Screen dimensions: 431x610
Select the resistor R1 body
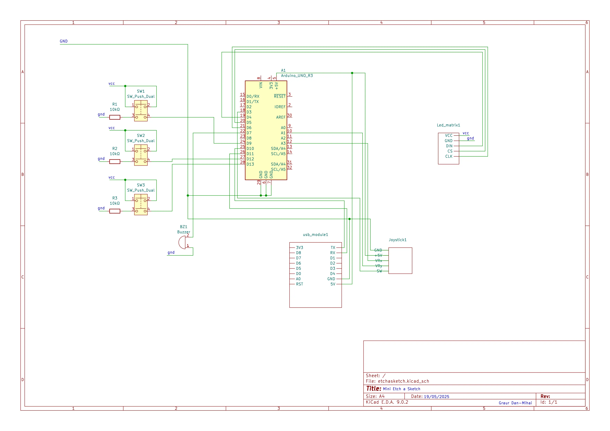(115, 117)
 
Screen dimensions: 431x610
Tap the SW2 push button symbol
(141, 155)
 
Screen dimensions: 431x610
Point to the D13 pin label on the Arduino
(250, 164)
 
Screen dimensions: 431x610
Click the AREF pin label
(280, 117)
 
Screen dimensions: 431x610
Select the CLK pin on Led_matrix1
(449, 156)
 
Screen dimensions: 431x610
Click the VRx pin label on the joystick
(379, 261)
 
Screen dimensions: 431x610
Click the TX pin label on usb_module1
(333, 247)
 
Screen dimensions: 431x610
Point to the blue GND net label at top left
(64, 41)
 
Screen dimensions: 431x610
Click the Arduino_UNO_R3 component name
(297, 76)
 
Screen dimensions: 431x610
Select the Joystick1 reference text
(398, 240)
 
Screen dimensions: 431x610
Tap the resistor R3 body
(115, 211)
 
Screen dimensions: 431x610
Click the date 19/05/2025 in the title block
(436, 396)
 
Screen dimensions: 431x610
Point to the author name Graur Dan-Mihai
(515, 403)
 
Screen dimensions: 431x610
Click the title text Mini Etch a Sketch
(402, 389)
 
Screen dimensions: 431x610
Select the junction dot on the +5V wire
(352, 73)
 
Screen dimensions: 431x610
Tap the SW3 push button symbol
(141, 205)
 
